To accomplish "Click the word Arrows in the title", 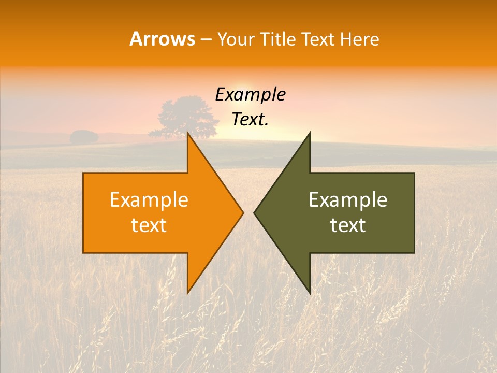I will [x=162, y=39].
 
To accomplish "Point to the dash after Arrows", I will [x=206, y=39].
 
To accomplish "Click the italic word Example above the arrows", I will [x=250, y=95].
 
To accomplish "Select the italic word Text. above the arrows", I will [x=250, y=119].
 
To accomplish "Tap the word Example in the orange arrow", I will [x=149, y=200].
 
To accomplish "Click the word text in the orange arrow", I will [x=149, y=225].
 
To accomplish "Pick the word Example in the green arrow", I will [x=348, y=200].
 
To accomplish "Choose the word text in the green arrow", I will [x=348, y=225].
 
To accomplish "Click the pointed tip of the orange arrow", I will [x=243, y=212].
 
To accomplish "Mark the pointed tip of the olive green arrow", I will [x=254, y=212].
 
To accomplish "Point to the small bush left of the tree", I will [x=84, y=137].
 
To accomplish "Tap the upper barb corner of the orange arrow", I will [x=188, y=134].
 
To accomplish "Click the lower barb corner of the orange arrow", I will [x=188, y=292].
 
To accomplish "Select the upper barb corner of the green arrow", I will [x=309, y=134].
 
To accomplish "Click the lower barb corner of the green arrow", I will [x=309, y=292].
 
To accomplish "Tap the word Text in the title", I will [x=318, y=39].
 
